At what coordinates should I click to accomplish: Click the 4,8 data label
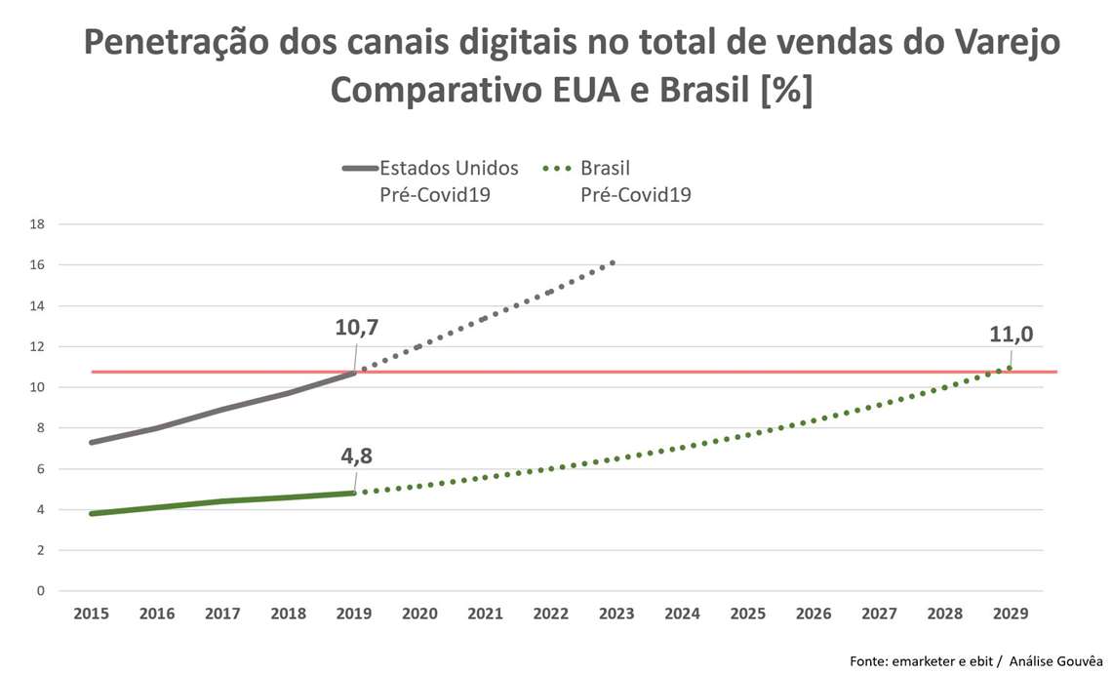tap(357, 456)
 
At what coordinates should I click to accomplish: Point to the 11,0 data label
tap(1011, 335)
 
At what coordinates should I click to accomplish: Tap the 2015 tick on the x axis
tap(91, 614)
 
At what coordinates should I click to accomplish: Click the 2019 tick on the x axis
tap(354, 614)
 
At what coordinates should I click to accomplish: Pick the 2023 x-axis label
tap(616, 614)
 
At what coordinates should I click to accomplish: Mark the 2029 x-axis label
tap(1010, 614)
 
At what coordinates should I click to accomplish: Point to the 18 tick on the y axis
tap(38, 224)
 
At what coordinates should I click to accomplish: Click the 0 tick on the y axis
tap(41, 591)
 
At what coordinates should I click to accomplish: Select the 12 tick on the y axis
tap(38, 346)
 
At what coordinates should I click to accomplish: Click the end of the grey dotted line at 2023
tap(613, 261)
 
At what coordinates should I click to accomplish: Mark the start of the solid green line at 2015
tap(92, 513)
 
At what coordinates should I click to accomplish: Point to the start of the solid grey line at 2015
tap(92, 442)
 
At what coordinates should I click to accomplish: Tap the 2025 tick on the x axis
tap(747, 614)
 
